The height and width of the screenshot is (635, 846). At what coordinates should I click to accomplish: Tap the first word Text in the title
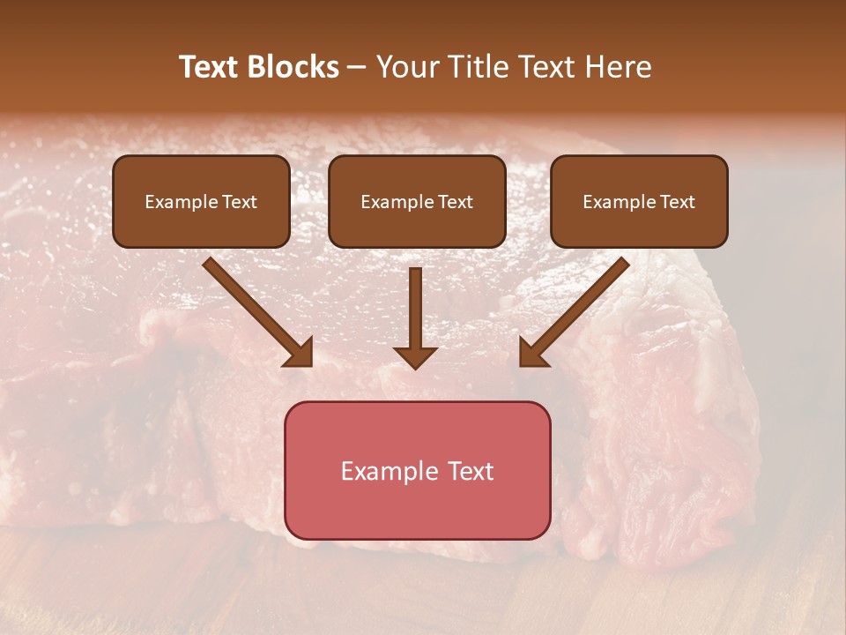pos(209,67)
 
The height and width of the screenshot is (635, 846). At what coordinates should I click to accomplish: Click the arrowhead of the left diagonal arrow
pos(301,354)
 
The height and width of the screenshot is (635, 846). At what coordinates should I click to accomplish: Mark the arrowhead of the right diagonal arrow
pos(531,354)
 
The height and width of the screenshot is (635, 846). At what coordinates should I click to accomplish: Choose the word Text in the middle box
pos(456,202)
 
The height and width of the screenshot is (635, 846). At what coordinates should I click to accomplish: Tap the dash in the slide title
pos(357,67)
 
